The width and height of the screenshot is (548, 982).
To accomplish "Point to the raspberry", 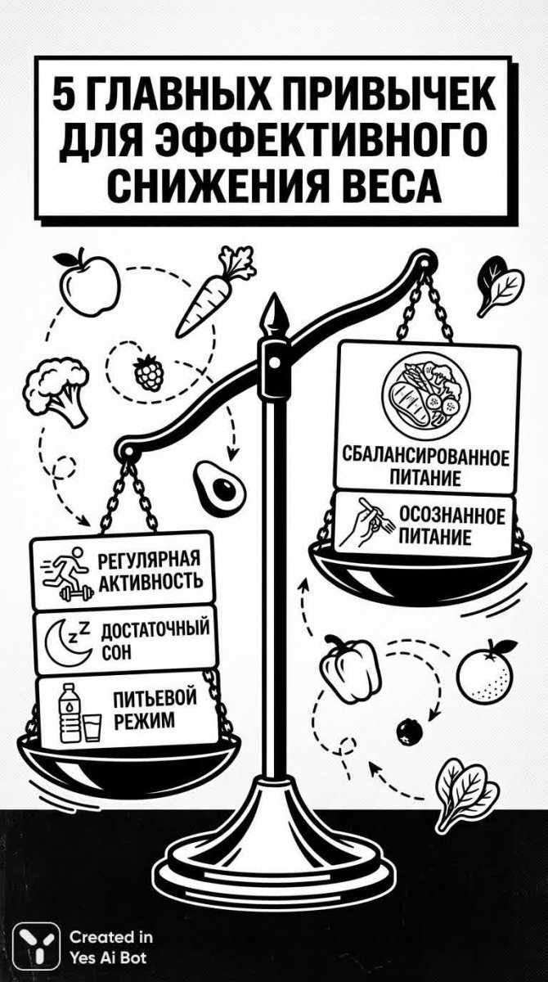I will (x=149, y=374).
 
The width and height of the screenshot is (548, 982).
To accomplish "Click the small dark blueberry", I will (x=407, y=729).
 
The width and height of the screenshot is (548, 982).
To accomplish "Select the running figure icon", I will (x=65, y=571).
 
